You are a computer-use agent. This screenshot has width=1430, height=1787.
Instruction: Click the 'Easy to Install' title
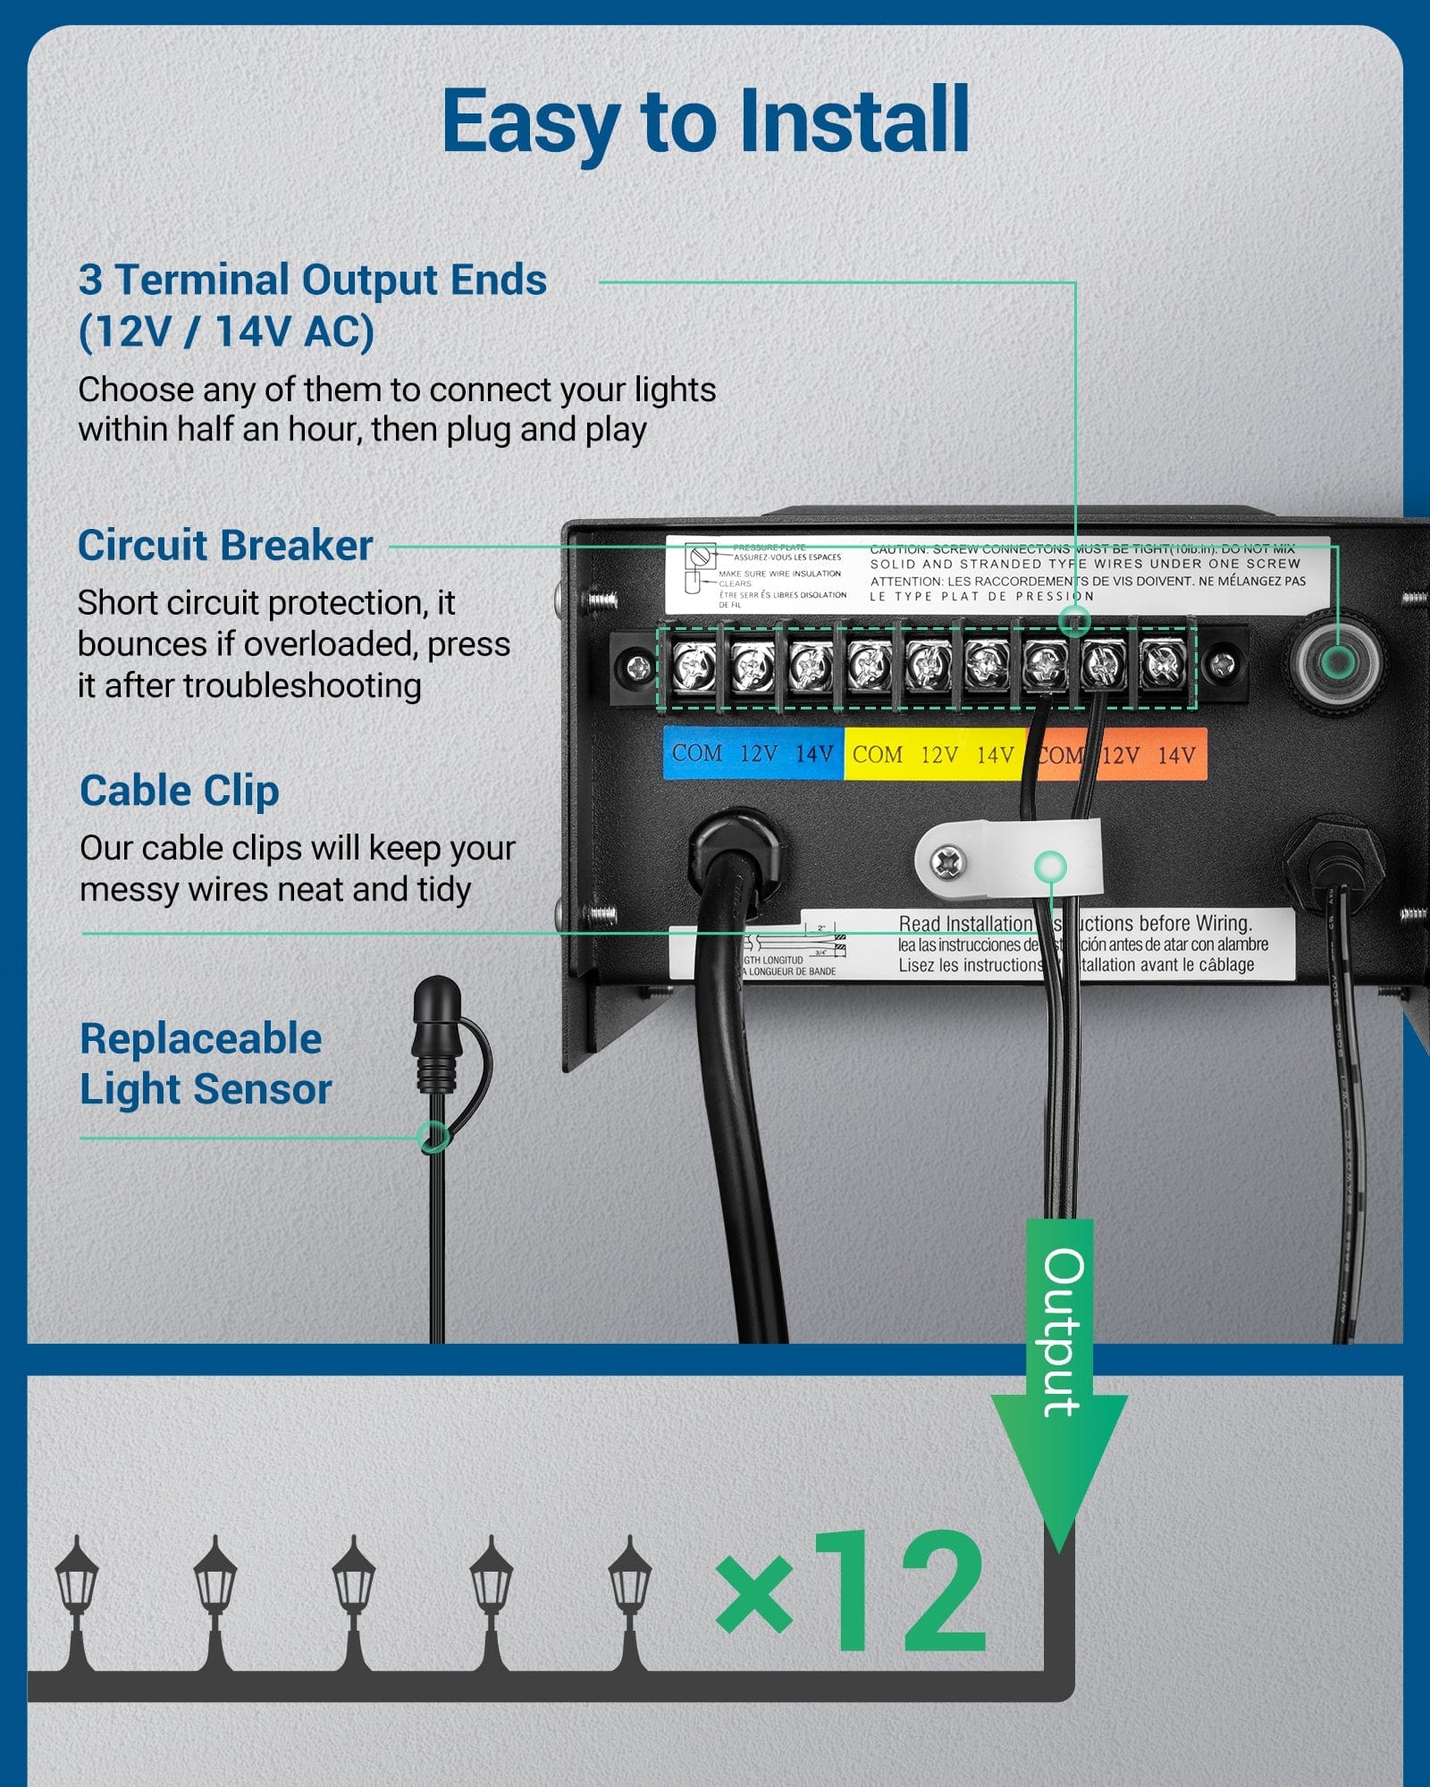tap(706, 121)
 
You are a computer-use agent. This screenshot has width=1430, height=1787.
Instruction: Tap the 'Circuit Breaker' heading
tap(225, 545)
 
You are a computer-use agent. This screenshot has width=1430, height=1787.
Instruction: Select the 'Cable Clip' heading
tap(180, 791)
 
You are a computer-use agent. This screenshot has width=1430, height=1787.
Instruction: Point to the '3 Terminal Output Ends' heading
tap(312, 280)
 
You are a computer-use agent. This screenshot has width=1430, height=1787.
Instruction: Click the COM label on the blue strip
tap(697, 753)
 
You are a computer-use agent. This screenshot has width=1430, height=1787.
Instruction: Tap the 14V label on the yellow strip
tap(995, 755)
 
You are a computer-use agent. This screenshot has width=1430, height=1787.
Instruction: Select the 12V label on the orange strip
tap(1120, 755)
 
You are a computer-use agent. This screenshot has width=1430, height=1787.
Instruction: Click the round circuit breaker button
tap(1337, 661)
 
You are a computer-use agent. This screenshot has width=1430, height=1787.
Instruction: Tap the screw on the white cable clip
tap(947, 862)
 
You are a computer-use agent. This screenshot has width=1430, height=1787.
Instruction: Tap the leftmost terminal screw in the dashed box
tap(694, 667)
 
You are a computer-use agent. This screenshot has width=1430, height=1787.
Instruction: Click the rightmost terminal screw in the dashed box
tap(1163, 665)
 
